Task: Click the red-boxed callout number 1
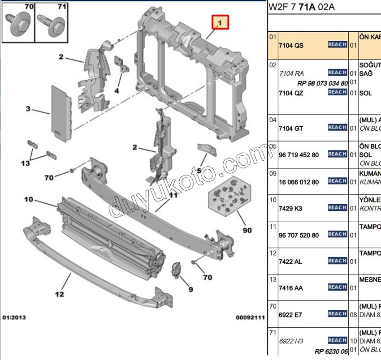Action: click(x=220, y=21)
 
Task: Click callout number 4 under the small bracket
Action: click(x=117, y=90)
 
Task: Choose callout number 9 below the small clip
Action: click(x=190, y=290)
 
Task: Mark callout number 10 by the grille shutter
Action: click(x=29, y=199)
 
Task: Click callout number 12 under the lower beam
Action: click(x=59, y=294)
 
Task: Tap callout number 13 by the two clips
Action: click(x=25, y=163)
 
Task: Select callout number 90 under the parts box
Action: click(x=247, y=230)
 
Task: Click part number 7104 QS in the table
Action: click(x=291, y=45)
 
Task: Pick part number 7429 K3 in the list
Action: click(x=290, y=208)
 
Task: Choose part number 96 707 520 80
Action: click(x=299, y=235)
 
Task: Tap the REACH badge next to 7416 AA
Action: click(x=337, y=287)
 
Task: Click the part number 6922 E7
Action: click(x=291, y=315)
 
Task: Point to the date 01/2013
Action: click(x=14, y=317)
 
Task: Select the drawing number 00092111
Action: click(x=251, y=317)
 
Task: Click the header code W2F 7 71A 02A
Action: click(x=302, y=8)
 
